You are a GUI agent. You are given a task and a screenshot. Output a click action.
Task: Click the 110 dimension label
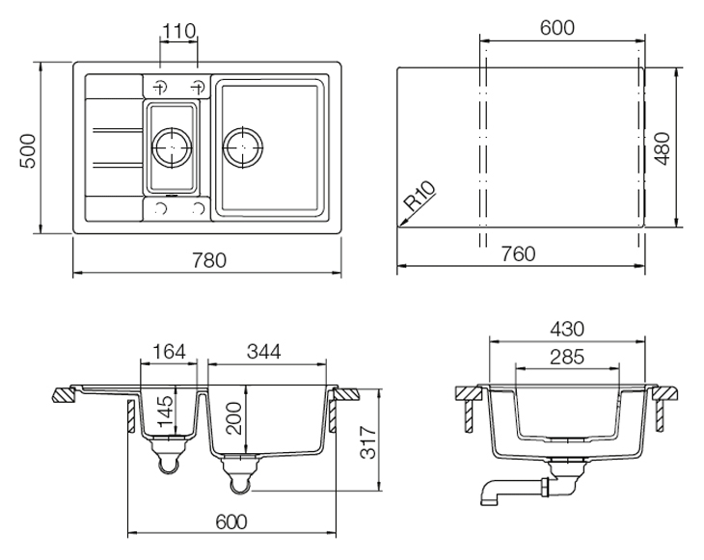point(178,32)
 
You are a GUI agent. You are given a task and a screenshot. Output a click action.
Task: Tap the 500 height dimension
point(28,150)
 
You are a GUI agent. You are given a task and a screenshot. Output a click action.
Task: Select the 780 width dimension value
point(209,260)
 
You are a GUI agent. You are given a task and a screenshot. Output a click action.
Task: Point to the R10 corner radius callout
point(420,196)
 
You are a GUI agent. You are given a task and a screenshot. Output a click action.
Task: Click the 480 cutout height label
point(663,148)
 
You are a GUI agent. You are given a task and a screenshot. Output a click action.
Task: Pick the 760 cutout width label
point(518,254)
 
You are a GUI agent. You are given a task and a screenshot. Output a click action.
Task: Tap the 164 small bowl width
point(170,352)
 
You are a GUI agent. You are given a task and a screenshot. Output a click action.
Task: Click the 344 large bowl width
point(263,352)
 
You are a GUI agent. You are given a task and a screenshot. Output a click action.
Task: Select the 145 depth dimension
point(165,411)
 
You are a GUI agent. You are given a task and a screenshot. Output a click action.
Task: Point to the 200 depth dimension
point(234,418)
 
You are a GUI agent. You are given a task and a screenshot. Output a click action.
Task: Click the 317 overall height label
point(368,442)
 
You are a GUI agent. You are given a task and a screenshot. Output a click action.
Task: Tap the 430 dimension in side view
point(567,330)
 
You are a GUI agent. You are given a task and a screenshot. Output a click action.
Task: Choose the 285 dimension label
point(567,358)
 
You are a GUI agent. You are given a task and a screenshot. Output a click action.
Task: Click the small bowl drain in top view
point(172,147)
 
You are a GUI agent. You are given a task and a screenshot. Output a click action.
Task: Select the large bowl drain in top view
point(243,147)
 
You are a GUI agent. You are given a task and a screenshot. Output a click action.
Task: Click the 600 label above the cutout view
point(557,28)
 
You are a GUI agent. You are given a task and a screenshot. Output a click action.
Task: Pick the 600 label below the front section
point(231,521)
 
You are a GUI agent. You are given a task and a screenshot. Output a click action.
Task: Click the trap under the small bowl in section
point(170,455)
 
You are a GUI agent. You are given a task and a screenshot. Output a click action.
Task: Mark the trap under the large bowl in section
point(240,474)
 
